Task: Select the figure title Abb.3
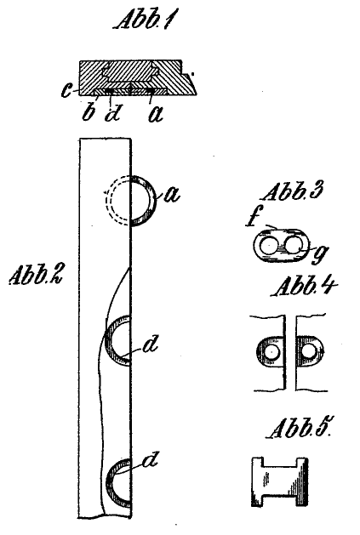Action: [x=291, y=192]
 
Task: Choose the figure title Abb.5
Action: [x=300, y=428]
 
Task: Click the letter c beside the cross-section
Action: [x=66, y=90]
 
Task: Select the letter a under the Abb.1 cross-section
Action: [x=156, y=114]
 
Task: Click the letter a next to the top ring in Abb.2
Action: [x=171, y=195]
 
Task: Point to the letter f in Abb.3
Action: [x=251, y=219]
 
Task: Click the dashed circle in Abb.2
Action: [x=106, y=200]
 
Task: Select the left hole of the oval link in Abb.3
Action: [x=269, y=246]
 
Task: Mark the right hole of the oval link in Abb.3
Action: [x=294, y=246]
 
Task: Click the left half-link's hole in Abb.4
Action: [x=272, y=351]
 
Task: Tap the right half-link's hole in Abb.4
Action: [x=310, y=351]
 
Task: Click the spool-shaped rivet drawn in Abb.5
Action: [x=280, y=481]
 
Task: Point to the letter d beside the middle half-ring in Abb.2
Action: [x=151, y=344]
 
